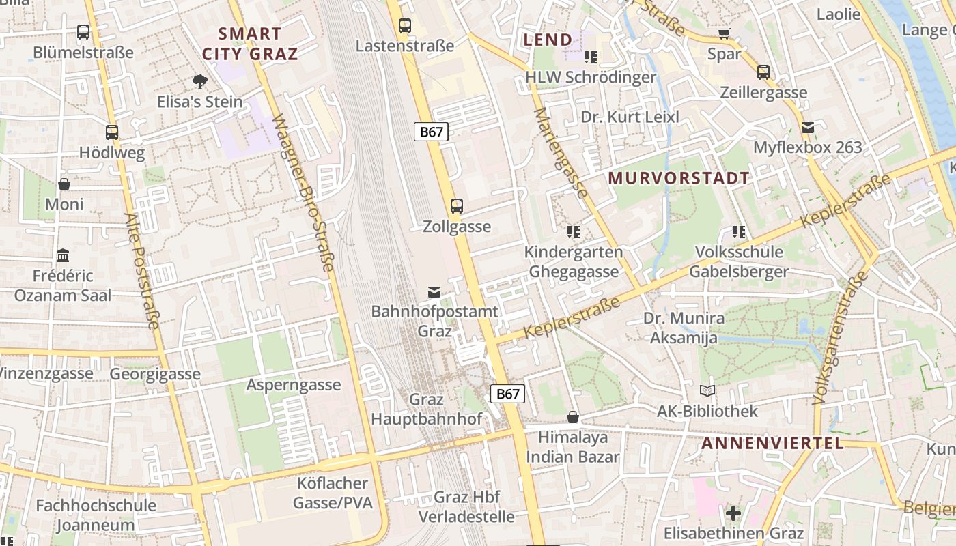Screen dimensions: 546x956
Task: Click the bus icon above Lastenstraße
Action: (x=405, y=26)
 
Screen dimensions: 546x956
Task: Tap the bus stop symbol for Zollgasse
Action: (x=456, y=205)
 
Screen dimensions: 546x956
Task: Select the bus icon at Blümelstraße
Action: (x=83, y=31)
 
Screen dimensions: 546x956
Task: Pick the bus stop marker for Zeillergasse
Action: (x=763, y=72)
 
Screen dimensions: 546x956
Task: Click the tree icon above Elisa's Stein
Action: (x=199, y=82)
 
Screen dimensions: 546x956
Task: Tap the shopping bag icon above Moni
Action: (x=64, y=184)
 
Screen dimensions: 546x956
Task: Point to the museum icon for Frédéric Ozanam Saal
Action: (x=63, y=256)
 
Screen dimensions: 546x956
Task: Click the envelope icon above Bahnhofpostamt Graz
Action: (x=434, y=292)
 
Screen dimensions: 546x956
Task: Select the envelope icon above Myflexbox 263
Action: (x=808, y=127)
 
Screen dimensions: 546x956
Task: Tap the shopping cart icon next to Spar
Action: (x=724, y=33)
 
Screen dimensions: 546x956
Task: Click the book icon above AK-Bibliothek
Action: (x=707, y=391)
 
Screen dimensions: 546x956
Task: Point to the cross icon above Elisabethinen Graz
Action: (x=733, y=513)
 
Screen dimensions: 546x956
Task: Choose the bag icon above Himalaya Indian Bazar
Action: (x=573, y=417)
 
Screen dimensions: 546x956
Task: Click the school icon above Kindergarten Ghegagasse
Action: (x=574, y=232)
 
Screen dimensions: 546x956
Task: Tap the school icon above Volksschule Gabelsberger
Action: (x=738, y=232)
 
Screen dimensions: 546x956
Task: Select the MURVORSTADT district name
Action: (x=679, y=178)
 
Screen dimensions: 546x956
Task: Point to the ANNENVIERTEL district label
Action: (x=772, y=443)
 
